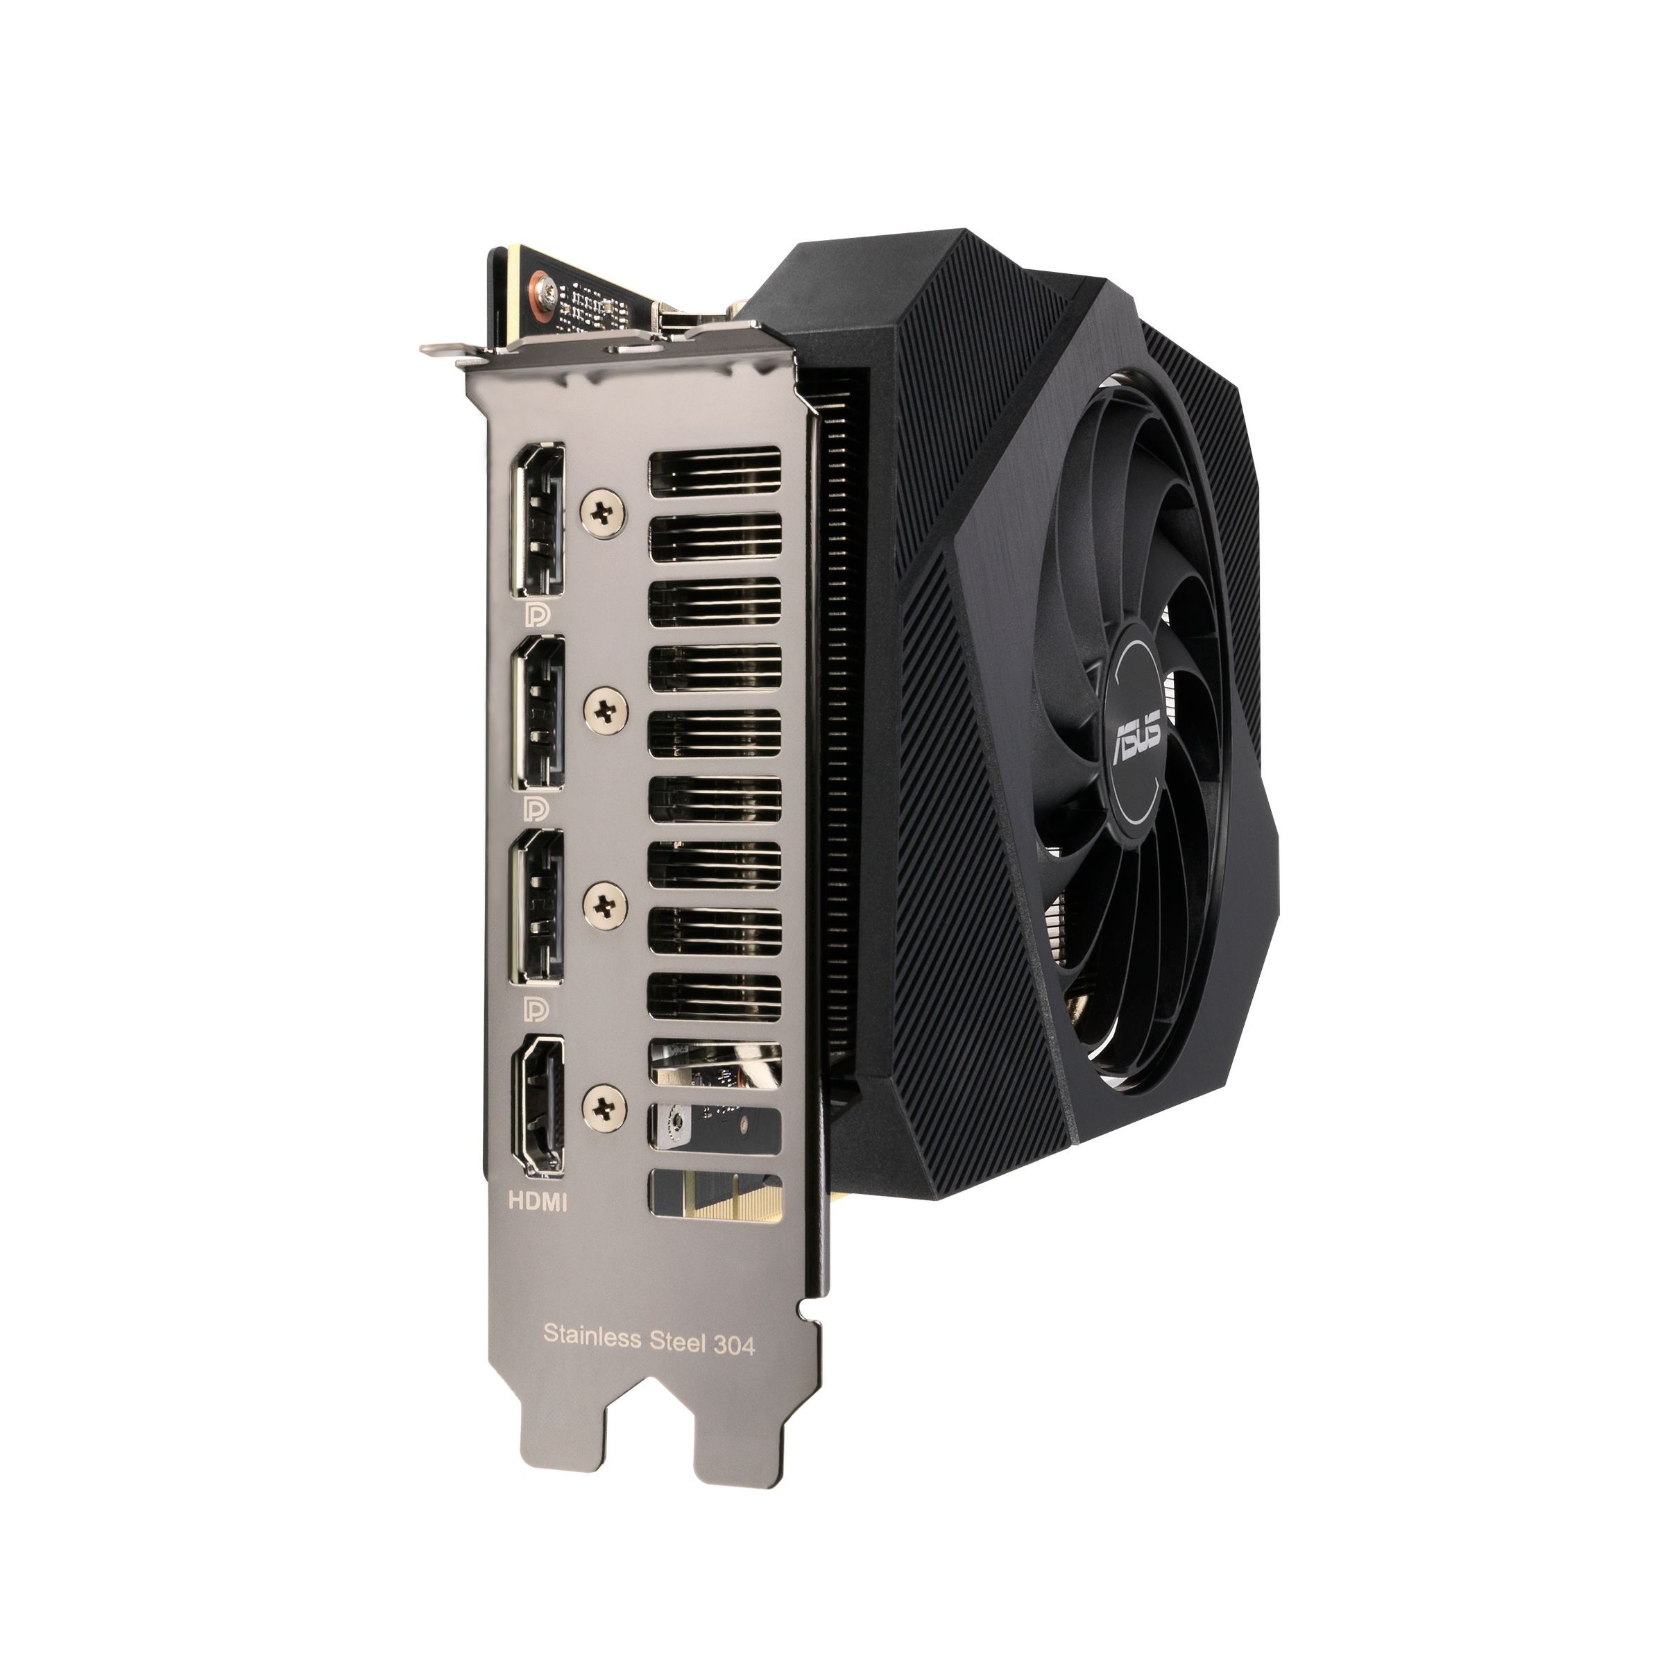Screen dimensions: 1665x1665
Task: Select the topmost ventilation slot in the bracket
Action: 715,472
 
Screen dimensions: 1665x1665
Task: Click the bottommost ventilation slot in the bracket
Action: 715,1193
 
